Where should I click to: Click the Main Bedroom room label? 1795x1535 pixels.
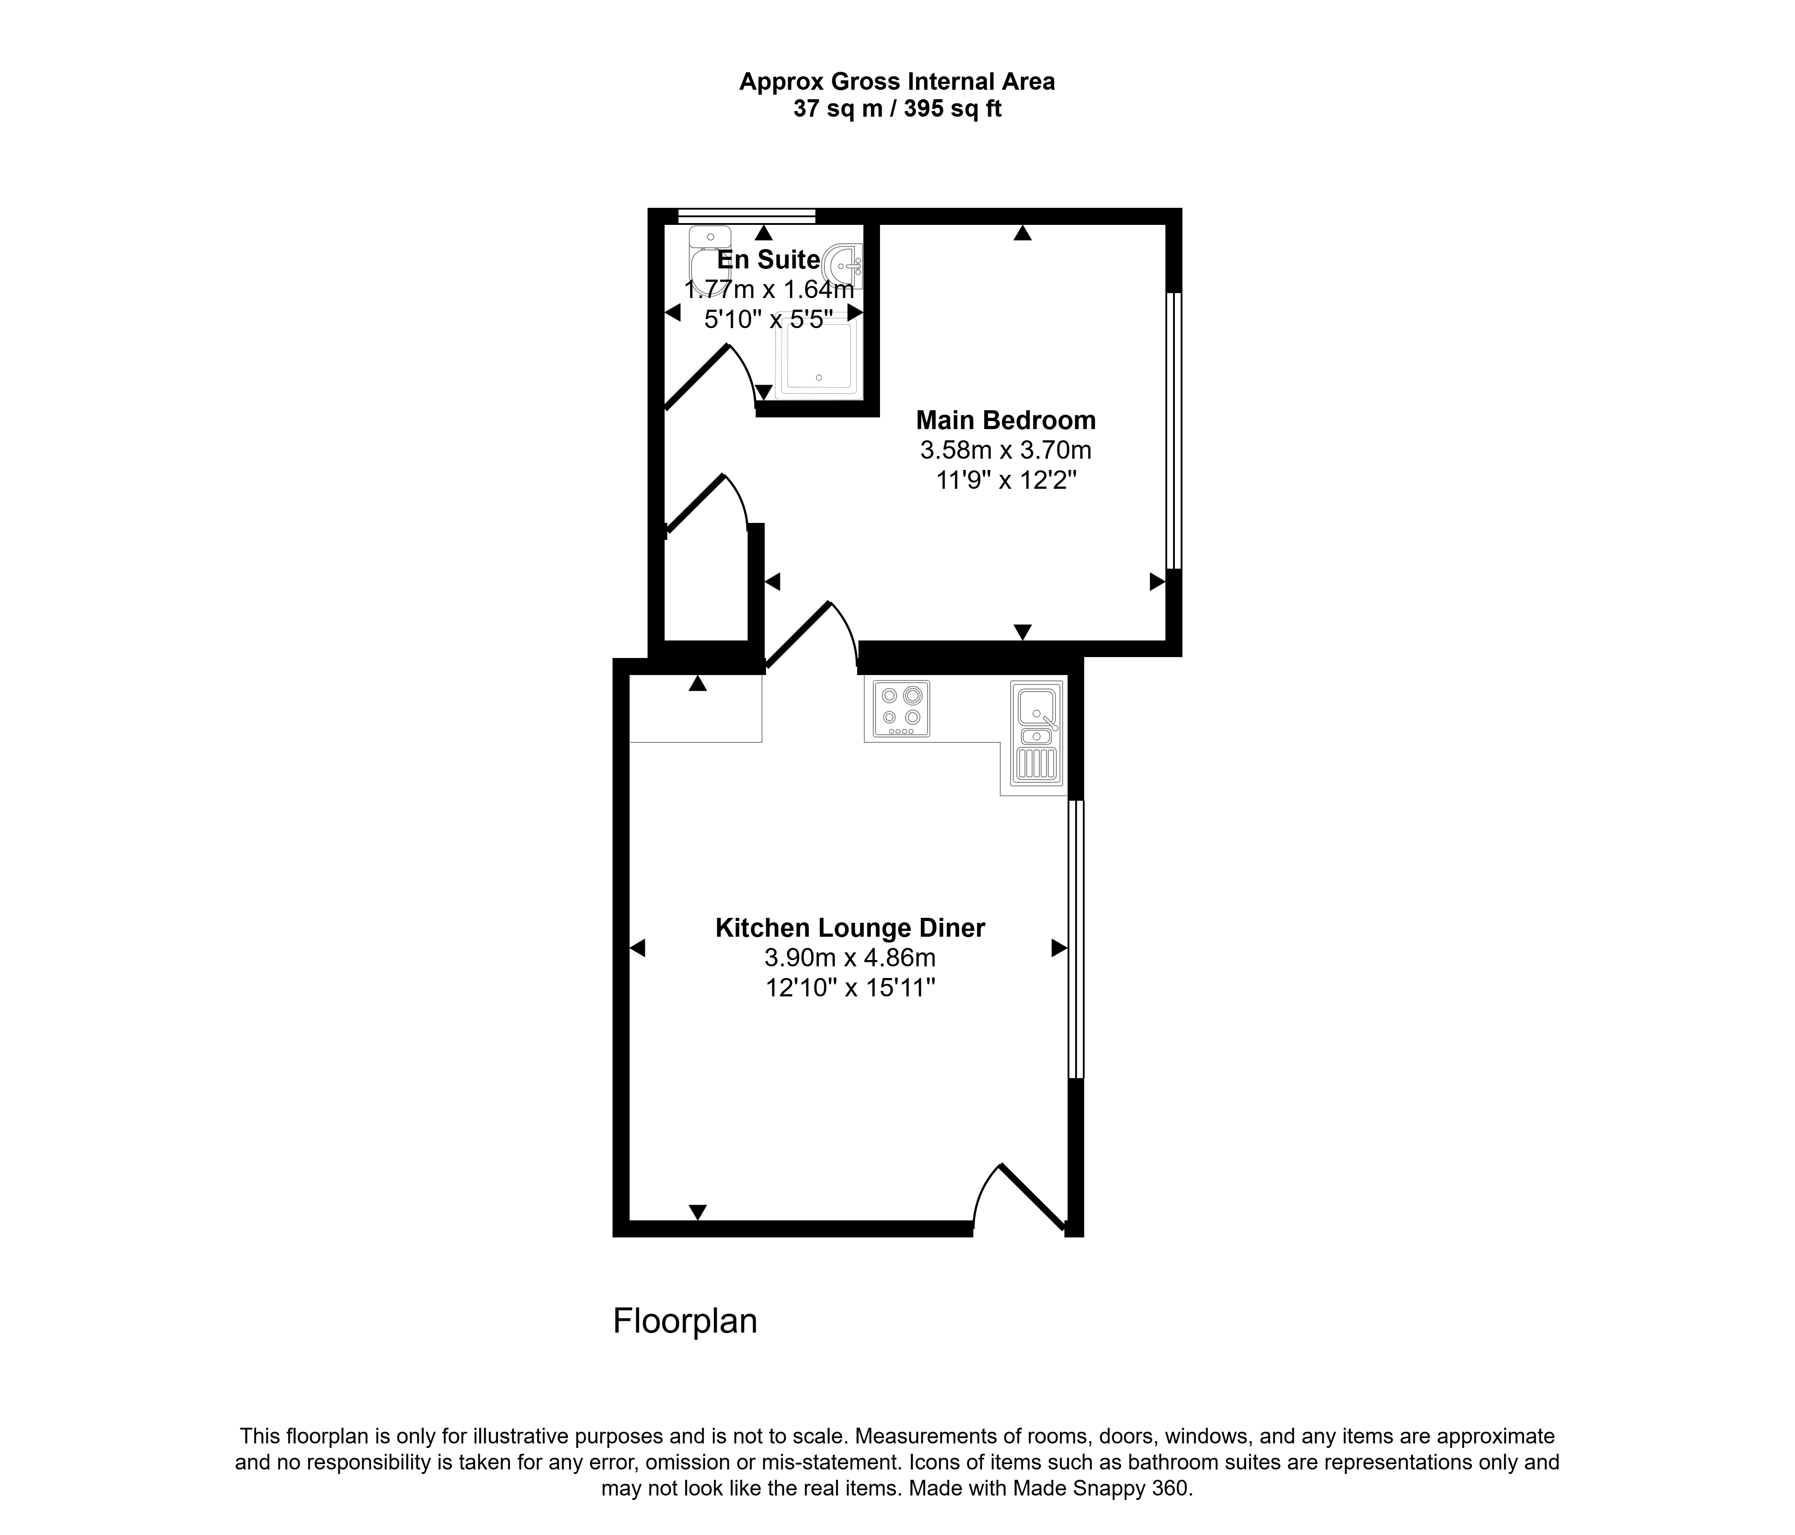pyautogui.click(x=1006, y=421)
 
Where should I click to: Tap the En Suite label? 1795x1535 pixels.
pyautogui.click(x=768, y=260)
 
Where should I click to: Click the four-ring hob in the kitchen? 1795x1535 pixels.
pyautogui.click(x=901, y=709)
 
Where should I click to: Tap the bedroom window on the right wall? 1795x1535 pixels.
pyautogui.click(x=1173, y=430)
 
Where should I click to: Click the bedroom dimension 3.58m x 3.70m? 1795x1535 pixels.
pyautogui.click(x=1006, y=451)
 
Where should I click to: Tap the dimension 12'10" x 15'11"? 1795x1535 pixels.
pyautogui.click(x=850, y=987)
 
